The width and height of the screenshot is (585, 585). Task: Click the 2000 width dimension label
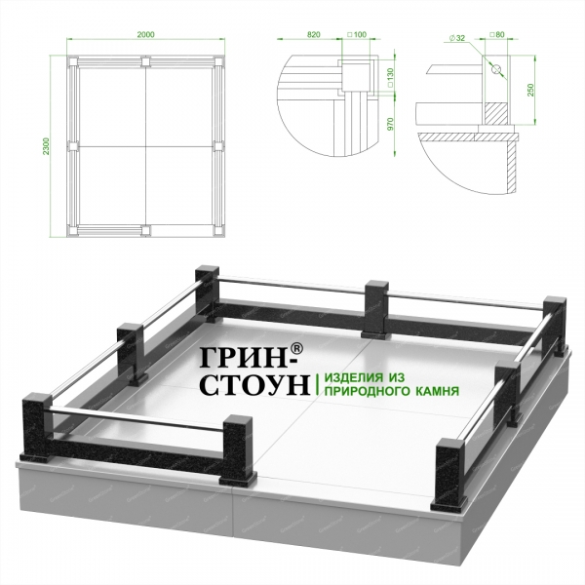(145, 35)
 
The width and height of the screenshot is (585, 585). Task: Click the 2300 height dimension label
(46, 146)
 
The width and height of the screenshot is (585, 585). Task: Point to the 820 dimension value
(313, 35)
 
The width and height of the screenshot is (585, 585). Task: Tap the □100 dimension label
(357, 35)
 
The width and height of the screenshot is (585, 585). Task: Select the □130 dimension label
(390, 78)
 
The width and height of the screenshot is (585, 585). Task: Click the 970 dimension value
(390, 124)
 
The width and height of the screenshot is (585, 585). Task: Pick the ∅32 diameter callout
(457, 38)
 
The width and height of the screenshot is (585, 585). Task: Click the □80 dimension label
(496, 35)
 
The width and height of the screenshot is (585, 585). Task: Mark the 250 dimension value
(530, 90)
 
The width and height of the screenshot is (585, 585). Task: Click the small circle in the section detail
(496, 69)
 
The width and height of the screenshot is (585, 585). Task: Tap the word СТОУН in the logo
(255, 384)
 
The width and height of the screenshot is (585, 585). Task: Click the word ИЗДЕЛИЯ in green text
(354, 377)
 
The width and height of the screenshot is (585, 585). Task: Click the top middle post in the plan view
(145, 61)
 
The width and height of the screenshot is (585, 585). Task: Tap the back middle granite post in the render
(376, 309)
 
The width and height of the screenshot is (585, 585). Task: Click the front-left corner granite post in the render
(37, 428)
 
